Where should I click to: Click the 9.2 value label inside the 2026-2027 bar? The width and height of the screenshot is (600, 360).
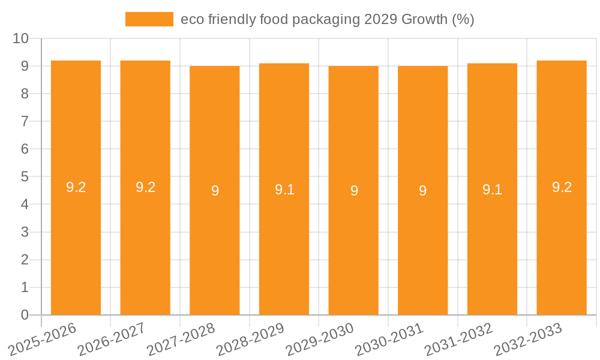click(145, 187)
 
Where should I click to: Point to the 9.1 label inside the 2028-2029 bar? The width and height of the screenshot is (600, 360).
click(284, 190)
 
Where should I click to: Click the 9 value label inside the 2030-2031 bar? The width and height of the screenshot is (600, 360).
click(422, 191)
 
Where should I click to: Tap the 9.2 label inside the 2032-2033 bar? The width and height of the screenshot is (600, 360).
click(562, 187)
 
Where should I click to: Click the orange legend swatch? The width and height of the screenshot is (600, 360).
click(149, 19)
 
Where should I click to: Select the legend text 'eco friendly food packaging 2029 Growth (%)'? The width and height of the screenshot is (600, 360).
click(327, 19)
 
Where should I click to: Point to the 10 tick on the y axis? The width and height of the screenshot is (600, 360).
click(21, 38)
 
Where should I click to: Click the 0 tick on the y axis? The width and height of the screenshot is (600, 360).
click(25, 315)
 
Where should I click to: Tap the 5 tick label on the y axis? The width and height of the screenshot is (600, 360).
click(25, 177)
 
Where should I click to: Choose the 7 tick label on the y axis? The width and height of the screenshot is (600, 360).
click(25, 121)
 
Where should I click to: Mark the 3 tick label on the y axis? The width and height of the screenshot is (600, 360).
click(25, 232)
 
